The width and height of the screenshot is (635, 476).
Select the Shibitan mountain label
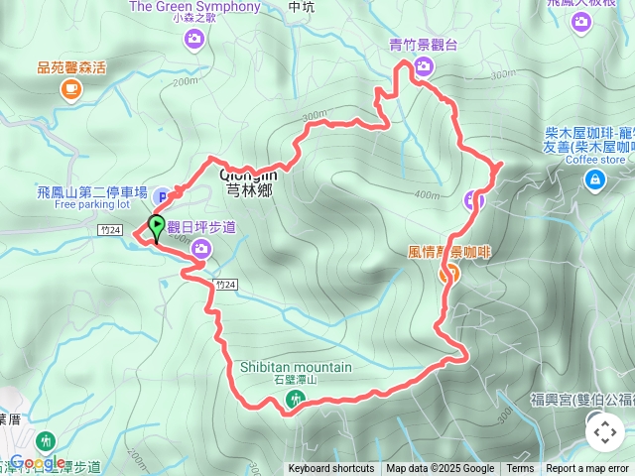pos(296,367)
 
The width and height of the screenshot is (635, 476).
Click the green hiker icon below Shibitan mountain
pos(295,399)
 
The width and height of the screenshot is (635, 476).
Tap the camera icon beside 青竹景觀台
pos(424,66)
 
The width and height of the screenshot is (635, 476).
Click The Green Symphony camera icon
pos(193,39)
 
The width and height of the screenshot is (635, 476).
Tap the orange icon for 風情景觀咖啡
pos(448,275)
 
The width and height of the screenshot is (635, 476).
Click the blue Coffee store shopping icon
pos(594,179)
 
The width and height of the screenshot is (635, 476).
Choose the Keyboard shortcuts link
pos(331,469)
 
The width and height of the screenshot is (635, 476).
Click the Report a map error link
pos(587,469)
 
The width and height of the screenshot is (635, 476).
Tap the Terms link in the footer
pos(520,469)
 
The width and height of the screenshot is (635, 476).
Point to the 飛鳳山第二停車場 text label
pos(107,191)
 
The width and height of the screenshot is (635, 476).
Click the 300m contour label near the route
pos(315,116)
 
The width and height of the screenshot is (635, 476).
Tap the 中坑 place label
pos(300,6)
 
